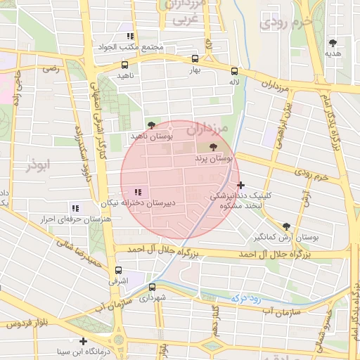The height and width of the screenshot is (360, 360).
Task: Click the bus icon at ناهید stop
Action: tap(124, 65)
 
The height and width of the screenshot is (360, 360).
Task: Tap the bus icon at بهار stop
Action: tap(195, 60)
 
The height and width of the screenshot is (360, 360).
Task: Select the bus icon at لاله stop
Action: tap(234, 71)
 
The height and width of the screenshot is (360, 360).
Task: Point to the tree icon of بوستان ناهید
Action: tap(151, 124)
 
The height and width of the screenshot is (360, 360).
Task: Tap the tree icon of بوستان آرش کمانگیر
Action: tap(286, 226)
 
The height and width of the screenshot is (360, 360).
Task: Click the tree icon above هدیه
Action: tap(333, 42)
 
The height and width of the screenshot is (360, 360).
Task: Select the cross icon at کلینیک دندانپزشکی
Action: tap(241, 185)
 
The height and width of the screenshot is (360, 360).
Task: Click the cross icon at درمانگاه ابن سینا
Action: tap(84, 341)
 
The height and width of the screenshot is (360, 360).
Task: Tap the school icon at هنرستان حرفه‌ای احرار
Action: tap(76, 208)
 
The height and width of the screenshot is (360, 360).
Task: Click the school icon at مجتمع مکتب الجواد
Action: tap(130, 36)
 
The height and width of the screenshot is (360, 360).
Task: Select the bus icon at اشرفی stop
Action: tap(117, 270)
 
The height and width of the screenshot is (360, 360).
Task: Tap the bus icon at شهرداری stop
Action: tap(152, 287)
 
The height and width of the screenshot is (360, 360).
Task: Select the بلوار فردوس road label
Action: tap(27, 324)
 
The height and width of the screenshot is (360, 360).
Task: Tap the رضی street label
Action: tap(51, 69)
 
